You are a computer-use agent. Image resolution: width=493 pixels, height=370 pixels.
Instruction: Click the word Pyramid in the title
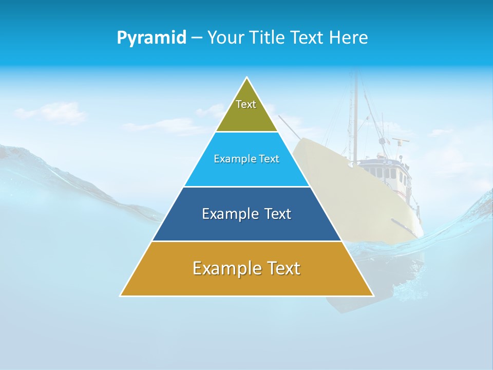(151, 38)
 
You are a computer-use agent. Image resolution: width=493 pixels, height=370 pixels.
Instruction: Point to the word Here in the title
(349, 38)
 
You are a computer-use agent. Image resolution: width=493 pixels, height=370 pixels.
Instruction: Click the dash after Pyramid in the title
(196, 38)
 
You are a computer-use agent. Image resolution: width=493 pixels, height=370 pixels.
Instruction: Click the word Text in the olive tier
(246, 104)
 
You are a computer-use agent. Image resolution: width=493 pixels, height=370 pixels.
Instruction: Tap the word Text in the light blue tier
(269, 159)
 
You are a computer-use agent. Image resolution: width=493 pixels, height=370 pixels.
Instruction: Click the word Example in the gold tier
(227, 268)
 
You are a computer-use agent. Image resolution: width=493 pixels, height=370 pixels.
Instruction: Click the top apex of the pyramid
(247, 78)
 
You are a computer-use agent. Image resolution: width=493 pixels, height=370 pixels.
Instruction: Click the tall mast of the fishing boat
(354, 118)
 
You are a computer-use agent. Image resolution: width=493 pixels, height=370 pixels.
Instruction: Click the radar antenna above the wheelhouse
(400, 140)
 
